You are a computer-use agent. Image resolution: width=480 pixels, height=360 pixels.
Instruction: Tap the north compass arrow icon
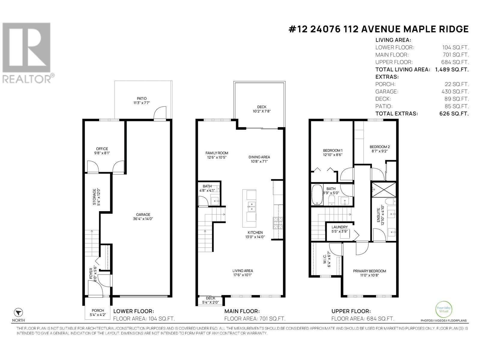click(x=18, y=312)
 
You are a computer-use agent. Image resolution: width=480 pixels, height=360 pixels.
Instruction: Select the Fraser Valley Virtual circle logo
click(x=444, y=309)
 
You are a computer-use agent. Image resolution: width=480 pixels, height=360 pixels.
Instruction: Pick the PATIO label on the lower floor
click(x=142, y=99)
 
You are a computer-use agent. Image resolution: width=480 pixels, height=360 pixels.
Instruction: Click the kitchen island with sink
click(x=249, y=208)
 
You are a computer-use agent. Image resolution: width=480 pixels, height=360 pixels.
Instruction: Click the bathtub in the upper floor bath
click(x=317, y=195)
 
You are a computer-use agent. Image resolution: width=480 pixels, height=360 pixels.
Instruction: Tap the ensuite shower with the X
click(x=384, y=190)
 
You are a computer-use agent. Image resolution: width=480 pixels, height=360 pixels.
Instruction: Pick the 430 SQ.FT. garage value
click(x=455, y=91)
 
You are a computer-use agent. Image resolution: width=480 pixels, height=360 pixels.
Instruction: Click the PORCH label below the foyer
click(x=98, y=310)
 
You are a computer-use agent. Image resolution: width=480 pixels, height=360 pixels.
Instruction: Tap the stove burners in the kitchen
click(x=278, y=223)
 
